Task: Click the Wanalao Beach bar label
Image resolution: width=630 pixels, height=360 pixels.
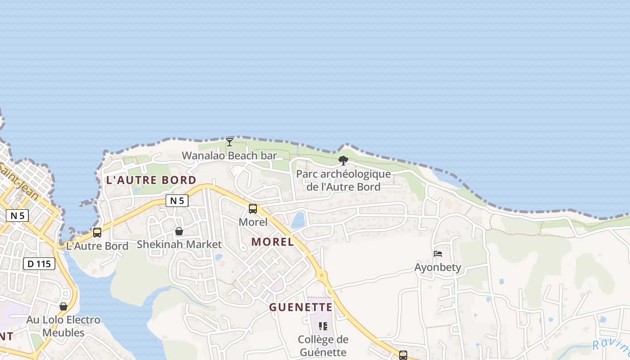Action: coord(229,156)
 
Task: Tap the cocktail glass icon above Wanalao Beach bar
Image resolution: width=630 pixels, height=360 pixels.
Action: coord(229,142)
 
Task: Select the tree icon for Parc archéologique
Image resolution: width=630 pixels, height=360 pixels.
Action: coord(343,160)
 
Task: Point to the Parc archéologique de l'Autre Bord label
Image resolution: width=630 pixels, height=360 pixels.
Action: coord(343,180)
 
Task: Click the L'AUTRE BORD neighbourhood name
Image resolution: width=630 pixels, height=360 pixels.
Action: coord(151,180)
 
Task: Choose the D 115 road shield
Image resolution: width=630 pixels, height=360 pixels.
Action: coord(39,264)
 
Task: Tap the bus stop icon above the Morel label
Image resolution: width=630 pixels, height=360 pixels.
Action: coord(253,209)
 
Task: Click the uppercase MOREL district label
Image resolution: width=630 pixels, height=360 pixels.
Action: coord(272,242)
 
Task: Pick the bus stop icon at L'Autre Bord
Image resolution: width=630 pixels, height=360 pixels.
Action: coord(97,233)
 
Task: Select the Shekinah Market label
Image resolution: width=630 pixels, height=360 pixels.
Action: coord(179,244)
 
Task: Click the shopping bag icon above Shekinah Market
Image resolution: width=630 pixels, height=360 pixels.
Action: coord(179,231)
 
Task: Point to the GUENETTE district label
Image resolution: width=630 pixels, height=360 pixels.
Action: coord(301,307)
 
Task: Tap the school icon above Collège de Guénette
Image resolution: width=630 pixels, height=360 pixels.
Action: coord(323,326)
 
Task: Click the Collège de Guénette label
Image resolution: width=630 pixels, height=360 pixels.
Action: coord(323,346)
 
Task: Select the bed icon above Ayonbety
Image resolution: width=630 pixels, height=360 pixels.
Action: coord(437,254)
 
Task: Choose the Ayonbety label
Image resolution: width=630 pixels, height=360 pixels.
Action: coord(437,267)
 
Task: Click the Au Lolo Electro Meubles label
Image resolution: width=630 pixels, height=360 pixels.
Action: coord(63,326)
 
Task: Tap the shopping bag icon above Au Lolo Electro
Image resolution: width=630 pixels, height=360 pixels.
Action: coord(63,306)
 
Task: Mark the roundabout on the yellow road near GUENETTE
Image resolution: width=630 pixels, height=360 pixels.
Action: coord(321,274)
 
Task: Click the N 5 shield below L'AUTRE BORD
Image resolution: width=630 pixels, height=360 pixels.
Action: coord(177,201)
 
